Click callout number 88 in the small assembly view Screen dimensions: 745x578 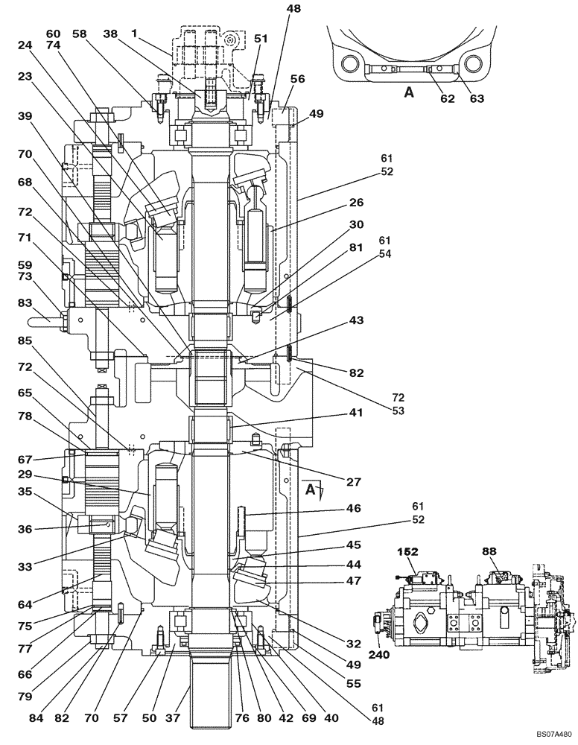489,553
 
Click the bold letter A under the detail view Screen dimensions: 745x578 407,92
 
